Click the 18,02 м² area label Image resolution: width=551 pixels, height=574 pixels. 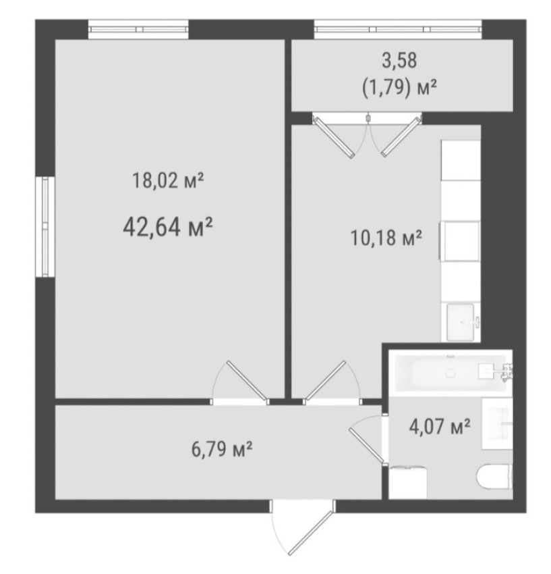[x=168, y=181]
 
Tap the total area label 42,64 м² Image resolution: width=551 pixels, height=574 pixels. [x=168, y=228]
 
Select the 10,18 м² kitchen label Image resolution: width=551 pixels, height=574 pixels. [x=386, y=238]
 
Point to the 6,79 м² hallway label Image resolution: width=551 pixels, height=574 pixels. [x=222, y=449]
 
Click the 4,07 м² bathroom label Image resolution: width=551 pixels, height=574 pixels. [x=440, y=427]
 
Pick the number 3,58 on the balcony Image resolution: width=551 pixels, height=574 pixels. [x=399, y=60]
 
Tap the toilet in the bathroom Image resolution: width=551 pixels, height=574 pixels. [x=495, y=477]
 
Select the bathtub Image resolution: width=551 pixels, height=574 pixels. [x=451, y=373]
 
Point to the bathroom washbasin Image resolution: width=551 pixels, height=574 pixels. [x=497, y=423]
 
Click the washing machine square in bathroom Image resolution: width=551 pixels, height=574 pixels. [x=408, y=482]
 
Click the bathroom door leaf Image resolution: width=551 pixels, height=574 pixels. [x=367, y=446]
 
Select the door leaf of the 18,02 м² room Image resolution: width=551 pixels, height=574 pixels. [x=246, y=380]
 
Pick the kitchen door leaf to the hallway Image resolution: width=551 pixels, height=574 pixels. [x=326, y=380]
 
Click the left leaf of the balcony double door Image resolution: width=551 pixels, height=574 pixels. [x=335, y=137]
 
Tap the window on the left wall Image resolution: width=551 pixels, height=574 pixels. [x=45, y=227]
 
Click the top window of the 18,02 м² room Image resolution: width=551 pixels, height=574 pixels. [x=138, y=29]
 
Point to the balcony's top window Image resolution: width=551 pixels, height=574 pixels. [x=398, y=29]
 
